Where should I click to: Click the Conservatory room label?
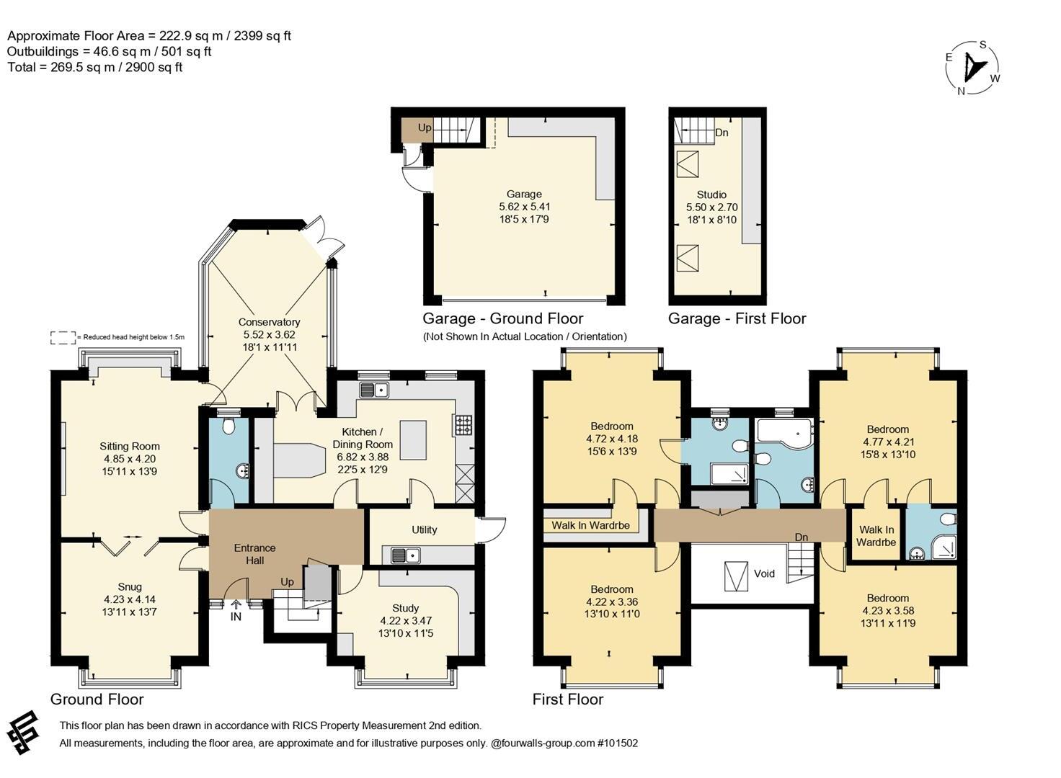[x=269, y=322]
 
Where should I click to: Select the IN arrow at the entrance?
[x=236, y=604]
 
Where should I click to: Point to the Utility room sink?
[x=406, y=555]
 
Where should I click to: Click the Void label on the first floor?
[x=764, y=573]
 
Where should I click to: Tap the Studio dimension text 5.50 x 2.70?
[x=711, y=207]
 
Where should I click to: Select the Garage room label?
[x=524, y=194]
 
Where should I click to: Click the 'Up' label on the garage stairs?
[x=425, y=128]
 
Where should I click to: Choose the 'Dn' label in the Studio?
[x=722, y=133]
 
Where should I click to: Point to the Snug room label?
[x=129, y=586]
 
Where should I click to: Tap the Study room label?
[x=406, y=608]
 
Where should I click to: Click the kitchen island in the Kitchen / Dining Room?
[x=413, y=440]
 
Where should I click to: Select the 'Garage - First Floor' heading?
[x=737, y=318]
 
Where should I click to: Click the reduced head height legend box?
[x=63, y=337]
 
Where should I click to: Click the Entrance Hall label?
[x=254, y=554]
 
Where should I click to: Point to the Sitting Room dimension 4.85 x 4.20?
[x=130, y=458]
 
